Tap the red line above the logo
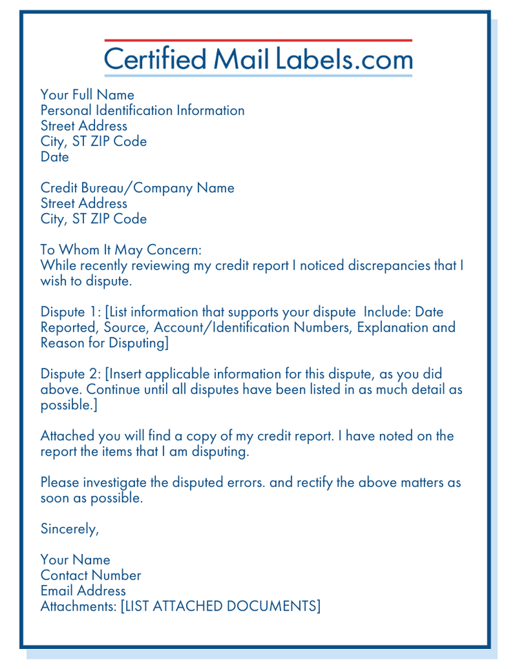(x=258, y=41)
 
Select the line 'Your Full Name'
(x=88, y=94)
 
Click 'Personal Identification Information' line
(x=143, y=110)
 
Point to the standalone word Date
(x=55, y=157)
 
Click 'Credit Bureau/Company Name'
(x=137, y=188)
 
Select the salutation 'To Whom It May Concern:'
(x=121, y=250)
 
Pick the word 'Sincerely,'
(x=70, y=529)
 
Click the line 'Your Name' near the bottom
(x=75, y=560)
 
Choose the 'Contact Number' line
(x=91, y=575)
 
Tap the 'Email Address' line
(x=83, y=590)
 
